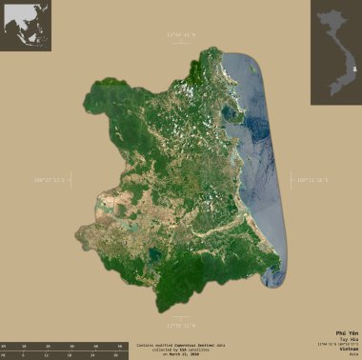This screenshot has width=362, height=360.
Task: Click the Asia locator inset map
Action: (26, 26)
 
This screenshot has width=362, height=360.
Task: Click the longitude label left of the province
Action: (49, 177)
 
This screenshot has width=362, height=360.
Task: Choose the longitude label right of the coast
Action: (313, 177)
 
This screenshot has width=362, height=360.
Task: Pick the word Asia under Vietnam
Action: (349, 355)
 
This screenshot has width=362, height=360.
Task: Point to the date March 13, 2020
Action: (181, 353)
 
